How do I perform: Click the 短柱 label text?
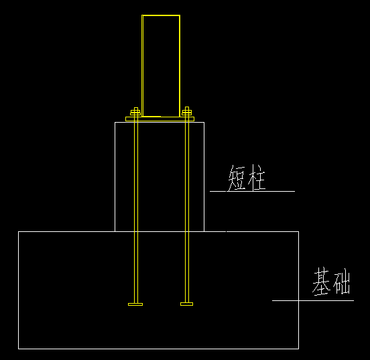pos(247,178)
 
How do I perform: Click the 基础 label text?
pos(331,281)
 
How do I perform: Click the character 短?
pos(237,178)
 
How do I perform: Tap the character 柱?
pos(257,178)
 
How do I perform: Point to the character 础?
pos(341,281)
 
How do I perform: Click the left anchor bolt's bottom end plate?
pos(135,304)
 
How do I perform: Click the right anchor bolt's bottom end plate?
pos(186,304)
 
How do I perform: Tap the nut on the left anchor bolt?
pos(135,113)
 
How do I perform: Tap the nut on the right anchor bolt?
pos(186,113)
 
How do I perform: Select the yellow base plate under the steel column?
pos(160,119)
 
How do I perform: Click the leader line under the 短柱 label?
pos(252,191)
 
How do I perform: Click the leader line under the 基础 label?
pos(313,300)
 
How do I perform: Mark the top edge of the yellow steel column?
pos(161,15)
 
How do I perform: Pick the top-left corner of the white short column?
pos(115,122)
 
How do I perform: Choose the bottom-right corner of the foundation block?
pos(299,349)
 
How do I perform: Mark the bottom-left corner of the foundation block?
pos(18,349)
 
